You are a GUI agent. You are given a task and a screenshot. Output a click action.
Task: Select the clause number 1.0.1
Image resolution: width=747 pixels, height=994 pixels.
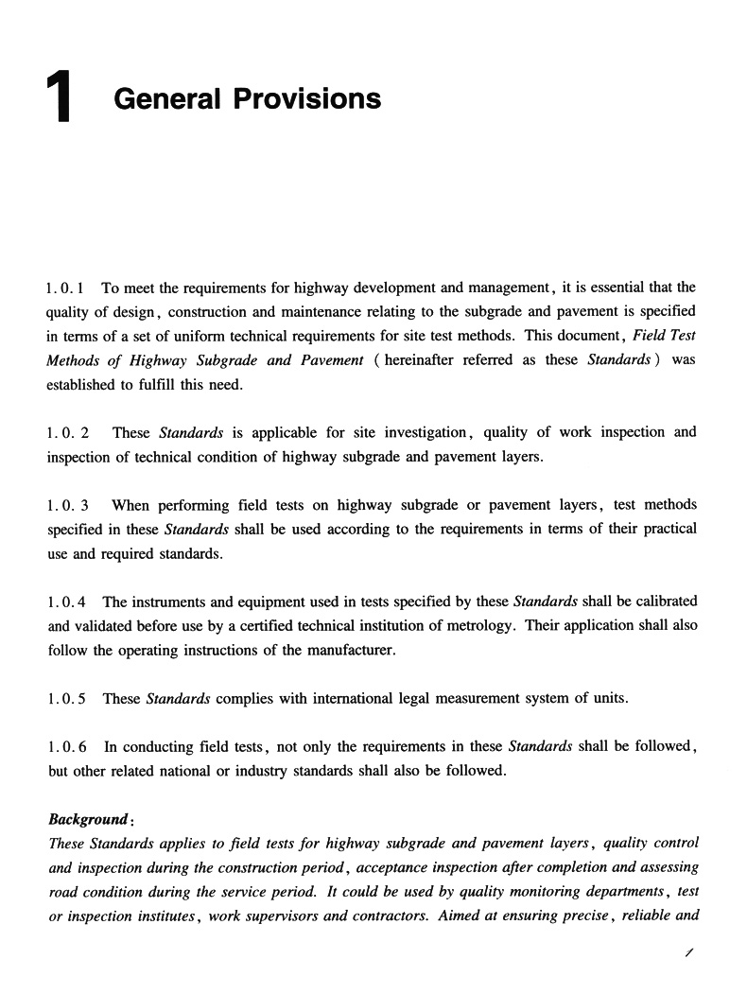[66, 288]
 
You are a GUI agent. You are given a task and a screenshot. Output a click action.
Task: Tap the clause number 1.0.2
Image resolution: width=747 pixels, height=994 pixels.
[68, 432]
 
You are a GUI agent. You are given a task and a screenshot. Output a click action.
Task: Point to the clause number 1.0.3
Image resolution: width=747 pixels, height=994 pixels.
[68, 506]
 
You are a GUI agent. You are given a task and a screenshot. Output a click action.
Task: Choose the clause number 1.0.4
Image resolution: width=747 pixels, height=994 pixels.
[66, 602]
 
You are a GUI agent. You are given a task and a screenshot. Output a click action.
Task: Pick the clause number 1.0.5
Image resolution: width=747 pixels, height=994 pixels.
[66, 699]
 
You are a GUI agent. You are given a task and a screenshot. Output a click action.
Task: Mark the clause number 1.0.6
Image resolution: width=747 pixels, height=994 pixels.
[66, 746]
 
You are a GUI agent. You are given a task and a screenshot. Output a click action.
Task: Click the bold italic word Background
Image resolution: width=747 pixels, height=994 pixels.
[87, 819]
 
